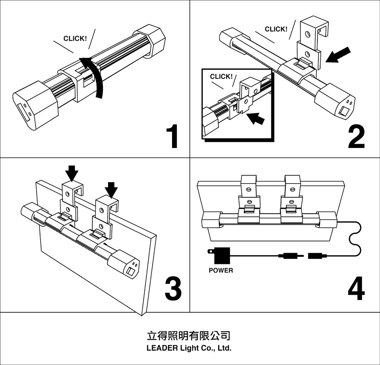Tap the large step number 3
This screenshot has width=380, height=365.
point(173,288)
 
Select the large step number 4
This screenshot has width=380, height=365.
point(356,288)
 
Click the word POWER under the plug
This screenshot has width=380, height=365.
point(221,270)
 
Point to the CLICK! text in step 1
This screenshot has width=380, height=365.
point(75,39)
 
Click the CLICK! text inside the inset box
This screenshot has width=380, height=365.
point(221,77)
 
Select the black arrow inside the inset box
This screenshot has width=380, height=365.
point(256,118)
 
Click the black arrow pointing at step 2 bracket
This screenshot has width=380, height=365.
point(339,55)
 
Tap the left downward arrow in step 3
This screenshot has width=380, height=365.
point(72,173)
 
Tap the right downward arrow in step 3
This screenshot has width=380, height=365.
point(111,189)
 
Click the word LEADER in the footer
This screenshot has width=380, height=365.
point(162,349)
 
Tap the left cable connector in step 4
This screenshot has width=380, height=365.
point(288,256)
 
